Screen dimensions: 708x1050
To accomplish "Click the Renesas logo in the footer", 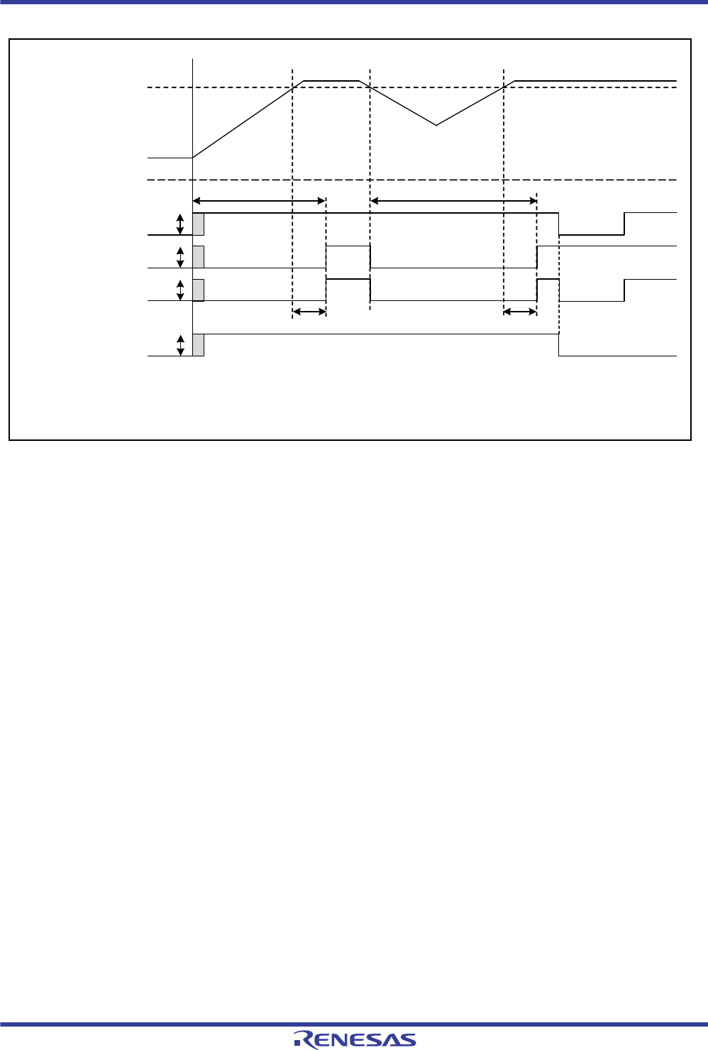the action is coord(355,1039).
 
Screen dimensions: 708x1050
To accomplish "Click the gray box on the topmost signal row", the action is coord(199,224).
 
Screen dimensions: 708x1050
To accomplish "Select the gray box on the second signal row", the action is coord(199,257).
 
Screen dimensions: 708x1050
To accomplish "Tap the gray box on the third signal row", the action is coord(199,290).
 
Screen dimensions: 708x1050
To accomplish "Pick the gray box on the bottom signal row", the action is coord(199,344).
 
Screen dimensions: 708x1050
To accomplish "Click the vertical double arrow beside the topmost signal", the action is coord(180,224).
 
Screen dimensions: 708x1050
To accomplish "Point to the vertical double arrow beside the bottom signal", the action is coord(180,345).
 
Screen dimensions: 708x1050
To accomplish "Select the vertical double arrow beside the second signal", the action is coord(180,257).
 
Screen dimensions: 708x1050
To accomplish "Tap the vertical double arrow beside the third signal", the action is coord(180,290).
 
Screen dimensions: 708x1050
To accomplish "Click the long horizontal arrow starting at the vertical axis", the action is coord(259,201).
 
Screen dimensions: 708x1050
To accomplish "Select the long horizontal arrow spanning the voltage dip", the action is coord(453,201).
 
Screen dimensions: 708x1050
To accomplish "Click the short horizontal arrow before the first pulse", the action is coord(309,311).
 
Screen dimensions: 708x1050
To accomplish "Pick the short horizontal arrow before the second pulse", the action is coord(520,311).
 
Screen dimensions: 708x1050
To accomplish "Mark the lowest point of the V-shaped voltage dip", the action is coord(436,125).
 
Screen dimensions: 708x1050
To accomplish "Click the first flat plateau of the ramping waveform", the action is coord(332,81).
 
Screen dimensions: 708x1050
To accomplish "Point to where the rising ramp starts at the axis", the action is coord(193,158).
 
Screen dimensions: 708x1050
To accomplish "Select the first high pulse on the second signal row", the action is coord(348,246).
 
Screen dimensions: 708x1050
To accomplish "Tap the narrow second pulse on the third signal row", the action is coord(548,280).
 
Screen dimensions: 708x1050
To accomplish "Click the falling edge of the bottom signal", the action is coord(559,344).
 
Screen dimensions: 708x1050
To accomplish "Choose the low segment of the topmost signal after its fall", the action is coord(592,234).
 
